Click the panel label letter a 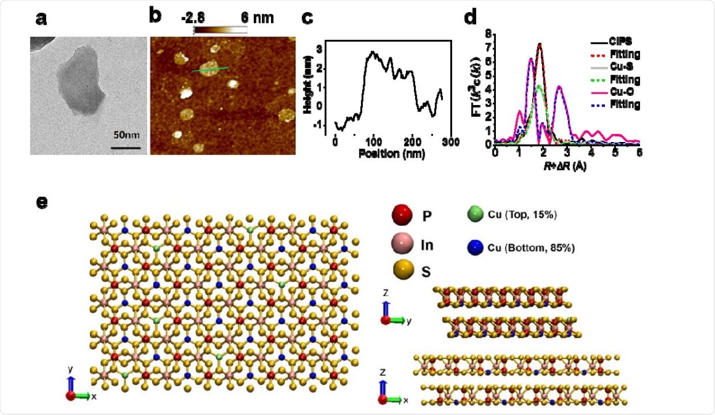point(41,18)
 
